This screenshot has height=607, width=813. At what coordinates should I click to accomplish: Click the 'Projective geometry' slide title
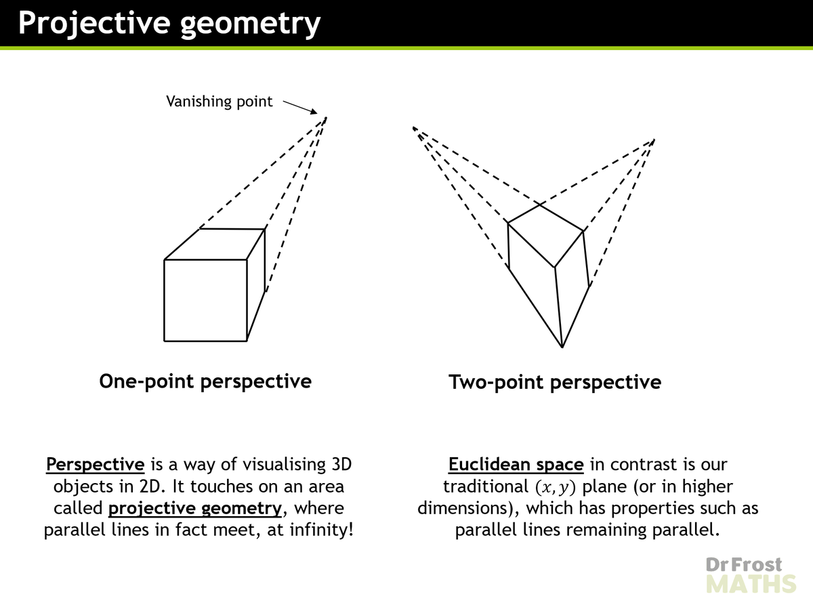(x=169, y=23)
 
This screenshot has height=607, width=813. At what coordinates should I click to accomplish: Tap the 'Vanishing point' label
(x=219, y=102)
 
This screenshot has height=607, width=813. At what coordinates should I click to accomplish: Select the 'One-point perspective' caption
(x=205, y=381)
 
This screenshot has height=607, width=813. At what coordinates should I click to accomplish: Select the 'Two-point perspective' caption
(x=555, y=383)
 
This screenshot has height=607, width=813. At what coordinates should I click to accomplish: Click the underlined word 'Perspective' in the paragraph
(x=96, y=465)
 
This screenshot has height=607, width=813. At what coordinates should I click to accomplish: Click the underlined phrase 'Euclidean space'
(x=516, y=465)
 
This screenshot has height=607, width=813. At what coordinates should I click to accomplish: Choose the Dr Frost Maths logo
(x=751, y=574)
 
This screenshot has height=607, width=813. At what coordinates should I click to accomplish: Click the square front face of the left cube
(x=205, y=299)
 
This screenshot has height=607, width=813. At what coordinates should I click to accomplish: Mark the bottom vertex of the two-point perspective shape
(x=562, y=348)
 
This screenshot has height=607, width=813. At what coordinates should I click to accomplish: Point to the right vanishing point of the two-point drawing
(x=654, y=140)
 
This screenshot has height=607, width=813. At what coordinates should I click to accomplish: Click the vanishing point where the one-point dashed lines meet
(x=327, y=117)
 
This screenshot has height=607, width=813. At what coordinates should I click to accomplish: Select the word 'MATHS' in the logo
(x=751, y=584)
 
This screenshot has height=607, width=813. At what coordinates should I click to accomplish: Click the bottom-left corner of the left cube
(x=165, y=340)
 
